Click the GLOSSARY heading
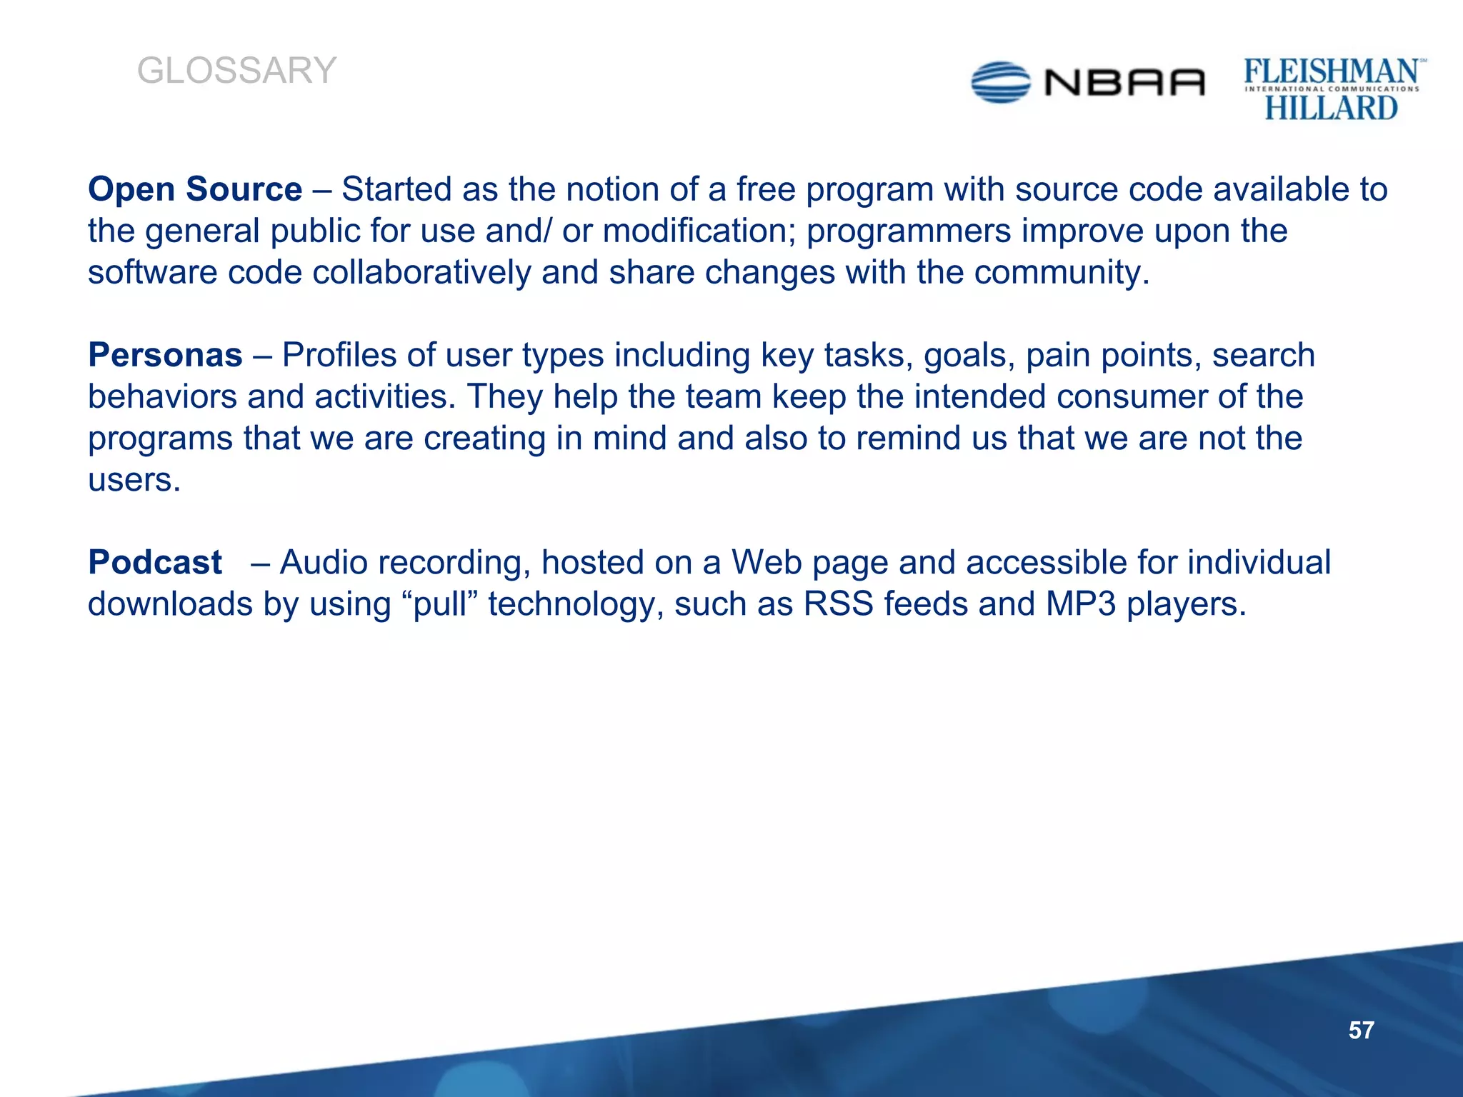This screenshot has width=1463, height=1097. (x=236, y=71)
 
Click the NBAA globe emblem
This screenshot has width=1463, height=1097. (x=1001, y=83)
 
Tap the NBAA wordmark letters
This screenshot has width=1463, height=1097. (x=1124, y=83)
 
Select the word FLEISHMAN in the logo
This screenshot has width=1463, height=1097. (x=1331, y=71)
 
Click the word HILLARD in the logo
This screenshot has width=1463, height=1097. (x=1331, y=108)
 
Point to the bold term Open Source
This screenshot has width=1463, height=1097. (x=195, y=189)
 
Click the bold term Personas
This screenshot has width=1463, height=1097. (x=165, y=355)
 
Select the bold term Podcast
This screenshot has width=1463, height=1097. (x=155, y=562)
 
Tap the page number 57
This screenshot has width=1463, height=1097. (x=1361, y=1030)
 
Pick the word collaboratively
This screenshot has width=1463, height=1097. (x=421, y=272)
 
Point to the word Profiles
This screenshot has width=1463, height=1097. (x=339, y=355)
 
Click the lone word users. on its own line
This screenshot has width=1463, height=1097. (x=134, y=479)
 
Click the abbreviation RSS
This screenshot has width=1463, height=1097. (x=838, y=603)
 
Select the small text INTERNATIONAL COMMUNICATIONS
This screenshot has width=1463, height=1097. (x=1332, y=89)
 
